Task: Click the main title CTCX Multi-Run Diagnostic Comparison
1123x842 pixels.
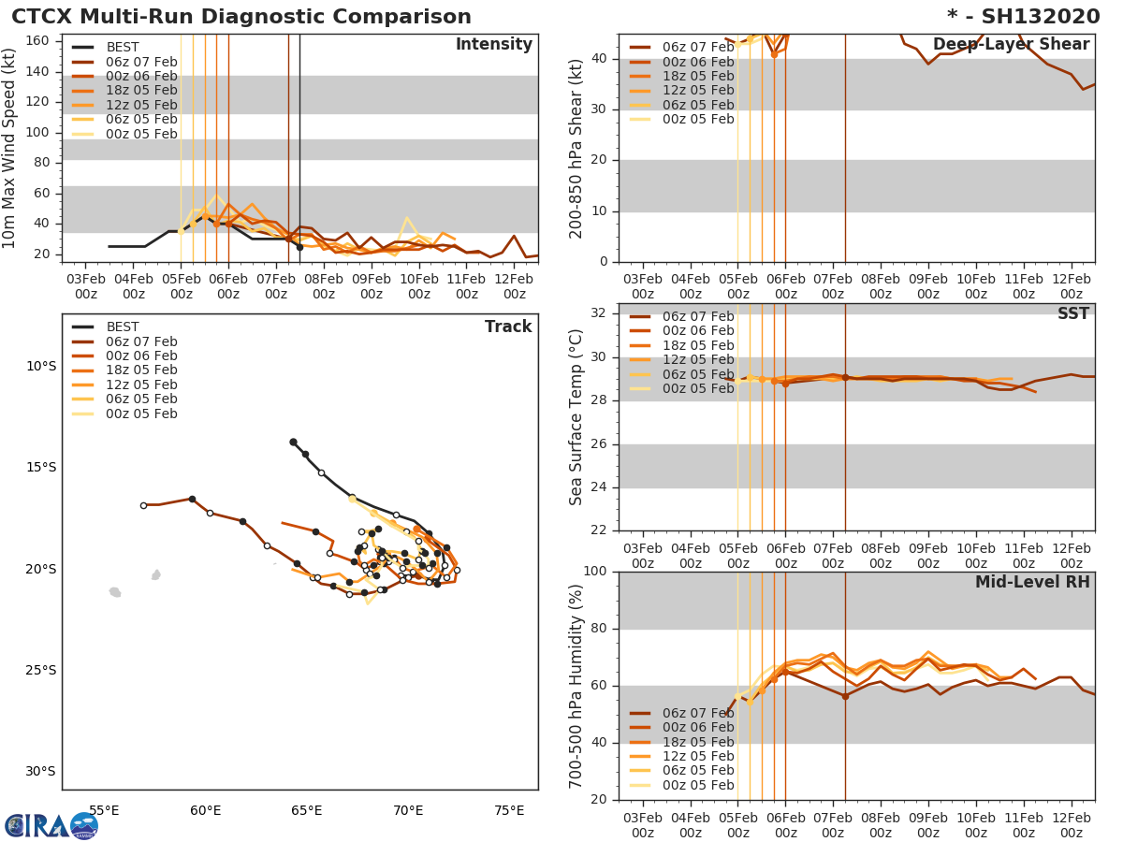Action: click(x=241, y=17)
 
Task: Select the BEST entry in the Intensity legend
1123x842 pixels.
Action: click(x=122, y=47)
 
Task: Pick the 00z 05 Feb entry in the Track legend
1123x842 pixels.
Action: click(x=140, y=414)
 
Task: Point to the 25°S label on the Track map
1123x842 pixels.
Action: click(x=41, y=670)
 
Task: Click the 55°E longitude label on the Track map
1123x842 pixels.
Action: click(x=104, y=810)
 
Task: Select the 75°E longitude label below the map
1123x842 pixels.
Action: click(x=508, y=810)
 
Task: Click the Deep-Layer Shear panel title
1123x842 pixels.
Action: click(x=1011, y=45)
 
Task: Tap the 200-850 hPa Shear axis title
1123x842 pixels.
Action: click(x=577, y=148)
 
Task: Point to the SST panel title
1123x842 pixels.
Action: click(x=1072, y=313)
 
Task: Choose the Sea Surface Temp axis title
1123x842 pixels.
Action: click(x=577, y=416)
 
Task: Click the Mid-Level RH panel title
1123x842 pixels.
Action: click(x=1031, y=583)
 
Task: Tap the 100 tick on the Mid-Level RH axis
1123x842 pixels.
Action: click(x=596, y=572)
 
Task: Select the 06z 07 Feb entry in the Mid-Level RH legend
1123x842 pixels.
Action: click(x=697, y=713)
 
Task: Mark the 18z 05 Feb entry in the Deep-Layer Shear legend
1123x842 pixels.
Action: click(x=697, y=76)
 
